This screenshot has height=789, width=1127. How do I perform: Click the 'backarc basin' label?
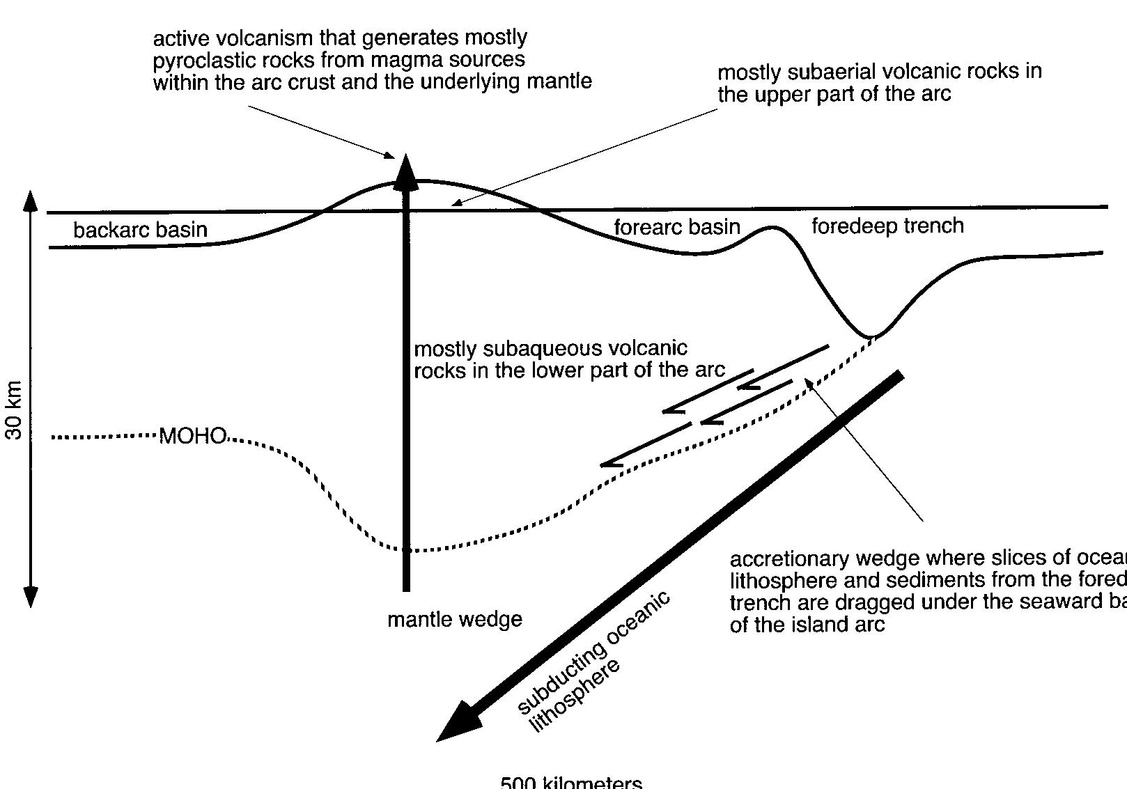click(x=140, y=230)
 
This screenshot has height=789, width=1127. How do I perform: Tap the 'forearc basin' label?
click(x=676, y=226)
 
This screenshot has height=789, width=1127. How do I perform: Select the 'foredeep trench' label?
click(x=887, y=226)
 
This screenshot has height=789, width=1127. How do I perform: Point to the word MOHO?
click(x=193, y=437)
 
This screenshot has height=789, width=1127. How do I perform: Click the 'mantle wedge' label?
click(x=454, y=619)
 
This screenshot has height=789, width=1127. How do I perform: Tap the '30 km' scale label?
click(x=14, y=411)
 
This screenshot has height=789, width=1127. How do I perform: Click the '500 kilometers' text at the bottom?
click(x=571, y=782)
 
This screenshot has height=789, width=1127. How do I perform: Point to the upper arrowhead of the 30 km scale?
click(x=30, y=200)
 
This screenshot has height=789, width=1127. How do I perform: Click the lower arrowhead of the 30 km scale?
click(x=30, y=596)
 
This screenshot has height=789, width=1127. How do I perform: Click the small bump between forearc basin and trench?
click(x=770, y=227)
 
